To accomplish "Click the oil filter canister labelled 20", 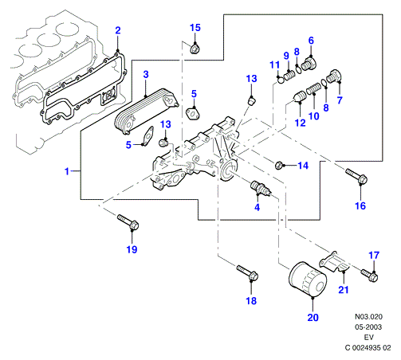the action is pyautogui.click(x=308, y=280).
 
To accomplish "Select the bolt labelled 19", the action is pyautogui.click(x=128, y=222).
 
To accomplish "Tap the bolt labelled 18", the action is pyautogui.click(x=248, y=272).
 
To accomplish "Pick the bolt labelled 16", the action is pyautogui.click(x=356, y=176).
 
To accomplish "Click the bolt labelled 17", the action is pyautogui.click(x=370, y=276).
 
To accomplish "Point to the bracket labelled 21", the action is pyautogui.click(x=335, y=261).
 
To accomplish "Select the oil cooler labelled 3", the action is pyautogui.click(x=147, y=112).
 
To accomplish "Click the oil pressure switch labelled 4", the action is pyautogui.click(x=261, y=188).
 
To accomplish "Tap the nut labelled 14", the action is pyautogui.click(x=279, y=166).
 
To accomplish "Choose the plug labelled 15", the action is pyautogui.click(x=195, y=49).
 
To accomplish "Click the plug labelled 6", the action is pyautogui.click(x=309, y=64).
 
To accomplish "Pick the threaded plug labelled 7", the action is pyautogui.click(x=334, y=76).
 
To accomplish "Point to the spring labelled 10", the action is pyautogui.click(x=314, y=88).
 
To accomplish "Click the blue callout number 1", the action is pyautogui.click(x=67, y=171).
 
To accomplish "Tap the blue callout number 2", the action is pyautogui.click(x=118, y=30).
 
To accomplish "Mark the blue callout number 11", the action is pyautogui.click(x=275, y=65).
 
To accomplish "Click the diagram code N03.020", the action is pyautogui.click(x=368, y=316).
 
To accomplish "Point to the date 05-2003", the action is pyautogui.click(x=368, y=327).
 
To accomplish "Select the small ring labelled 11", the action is pyautogui.click(x=281, y=80).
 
